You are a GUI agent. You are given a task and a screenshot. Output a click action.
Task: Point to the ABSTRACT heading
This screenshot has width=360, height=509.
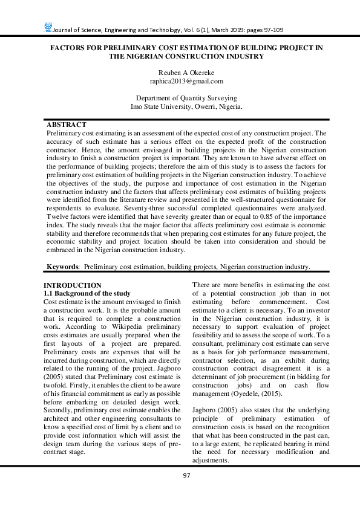coord(67,125)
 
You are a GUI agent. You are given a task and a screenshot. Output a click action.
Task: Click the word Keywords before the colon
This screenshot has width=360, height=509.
coord(63,266)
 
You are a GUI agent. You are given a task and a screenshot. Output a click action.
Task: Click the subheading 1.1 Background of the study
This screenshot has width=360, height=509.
coord(87,293)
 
